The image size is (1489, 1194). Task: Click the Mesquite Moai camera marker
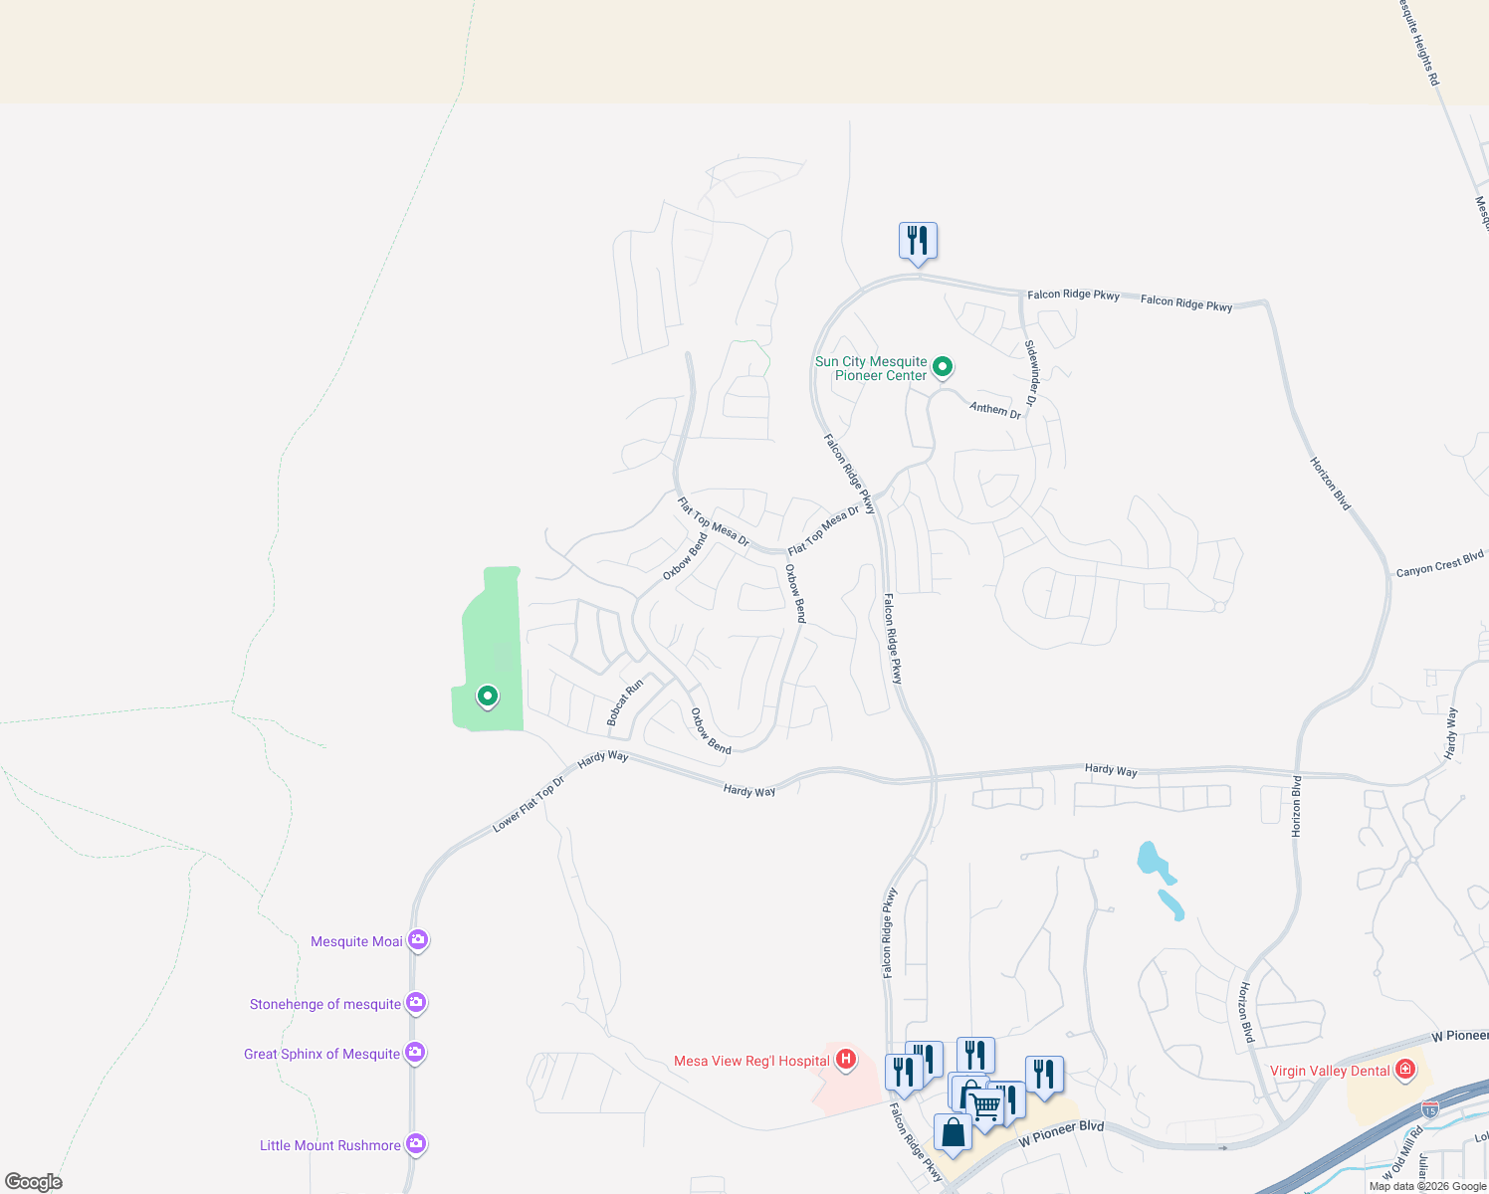coord(418,939)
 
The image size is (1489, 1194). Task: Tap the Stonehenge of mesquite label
coord(325,1004)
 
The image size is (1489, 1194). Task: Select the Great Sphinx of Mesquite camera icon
coord(415,1052)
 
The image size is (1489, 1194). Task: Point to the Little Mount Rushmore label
coord(329,1145)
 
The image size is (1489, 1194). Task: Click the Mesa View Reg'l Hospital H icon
coord(846,1060)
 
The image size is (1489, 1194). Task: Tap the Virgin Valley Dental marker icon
coord(1405,1070)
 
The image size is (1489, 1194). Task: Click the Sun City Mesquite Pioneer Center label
coord(871,368)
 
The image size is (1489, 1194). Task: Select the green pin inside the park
coord(487,696)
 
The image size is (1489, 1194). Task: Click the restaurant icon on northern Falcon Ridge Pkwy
coord(918,240)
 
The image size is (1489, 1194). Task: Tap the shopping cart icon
coord(985,1103)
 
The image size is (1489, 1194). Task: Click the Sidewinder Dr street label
coord(1031,374)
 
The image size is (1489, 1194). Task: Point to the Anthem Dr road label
coord(995,409)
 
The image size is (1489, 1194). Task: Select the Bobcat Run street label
coord(625,702)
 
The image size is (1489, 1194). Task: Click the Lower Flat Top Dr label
coord(529,804)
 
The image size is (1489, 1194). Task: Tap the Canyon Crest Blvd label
coord(1439,564)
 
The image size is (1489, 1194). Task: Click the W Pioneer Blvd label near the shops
coord(1061,1133)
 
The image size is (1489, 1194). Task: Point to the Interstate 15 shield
coord(1430,1107)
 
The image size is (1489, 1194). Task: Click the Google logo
coord(33,1182)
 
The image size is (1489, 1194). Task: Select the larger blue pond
coord(1154,862)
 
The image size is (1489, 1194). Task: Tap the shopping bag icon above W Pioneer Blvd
coord(953,1132)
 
